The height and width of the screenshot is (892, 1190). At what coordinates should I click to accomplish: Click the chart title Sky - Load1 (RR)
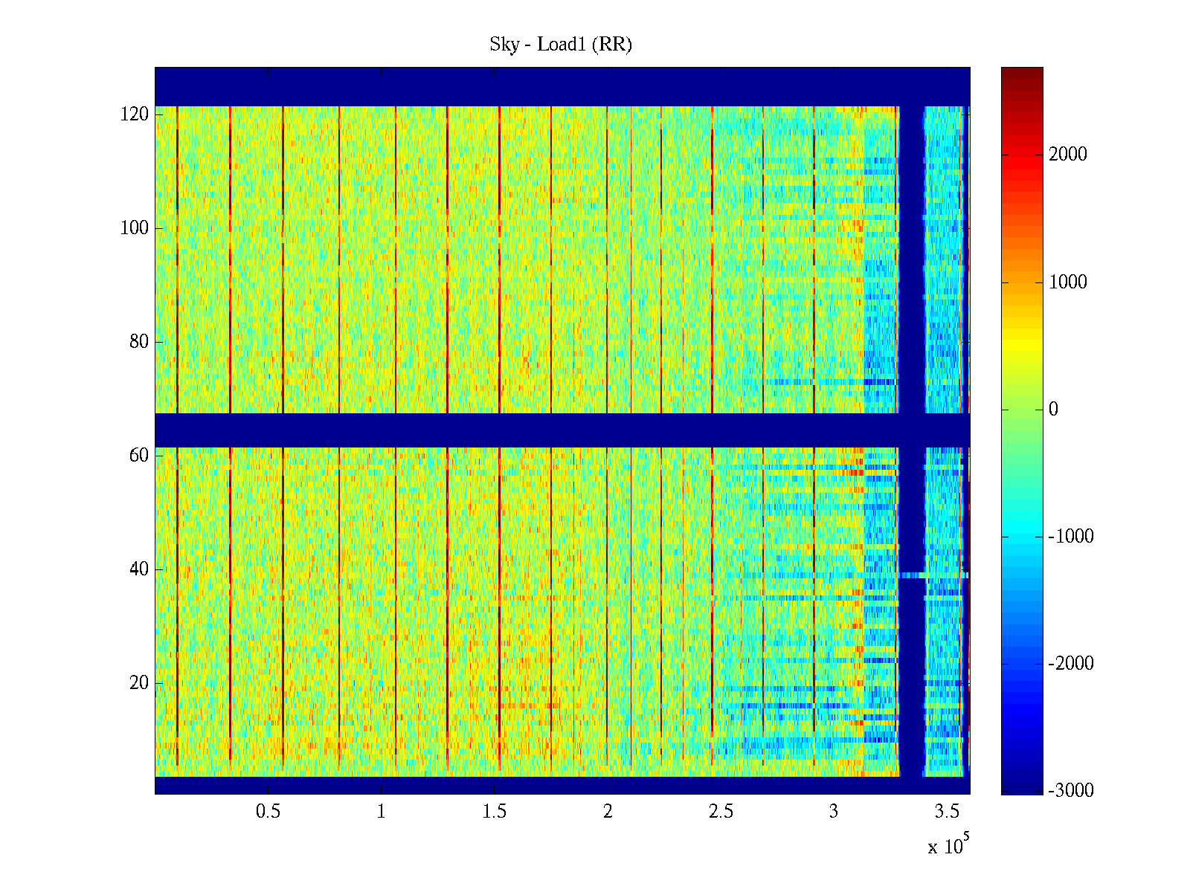[x=561, y=45]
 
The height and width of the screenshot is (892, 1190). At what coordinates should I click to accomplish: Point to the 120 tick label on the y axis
[x=135, y=114]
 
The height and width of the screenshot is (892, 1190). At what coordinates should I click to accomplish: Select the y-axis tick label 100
[x=135, y=228]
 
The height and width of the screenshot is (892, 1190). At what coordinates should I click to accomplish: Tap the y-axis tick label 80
[x=139, y=342]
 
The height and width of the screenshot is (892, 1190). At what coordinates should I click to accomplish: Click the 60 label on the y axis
[x=139, y=456]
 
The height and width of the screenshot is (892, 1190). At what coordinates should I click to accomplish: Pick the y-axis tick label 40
[x=139, y=569]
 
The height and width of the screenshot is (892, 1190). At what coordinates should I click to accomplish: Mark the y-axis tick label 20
[x=139, y=683]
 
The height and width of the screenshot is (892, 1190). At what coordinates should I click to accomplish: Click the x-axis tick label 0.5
[x=268, y=812]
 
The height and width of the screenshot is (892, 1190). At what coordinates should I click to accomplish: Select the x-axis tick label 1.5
[x=495, y=812]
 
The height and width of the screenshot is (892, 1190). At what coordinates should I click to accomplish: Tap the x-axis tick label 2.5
[x=721, y=812]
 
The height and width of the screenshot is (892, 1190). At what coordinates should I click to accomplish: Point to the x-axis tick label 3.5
[x=947, y=812]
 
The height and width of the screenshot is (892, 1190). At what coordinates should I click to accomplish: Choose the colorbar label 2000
[x=1068, y=155]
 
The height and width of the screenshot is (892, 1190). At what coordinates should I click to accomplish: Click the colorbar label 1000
[x=1068, y=282]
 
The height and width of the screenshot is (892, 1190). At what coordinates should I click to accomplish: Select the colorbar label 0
[x=1053, y=410]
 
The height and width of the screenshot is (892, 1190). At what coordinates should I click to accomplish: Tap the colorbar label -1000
[x=1071, y=537]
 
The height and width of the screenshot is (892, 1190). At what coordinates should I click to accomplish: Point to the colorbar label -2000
[x=1071, y=664]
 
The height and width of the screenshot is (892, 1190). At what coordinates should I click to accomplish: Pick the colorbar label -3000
[x=1071, y=791]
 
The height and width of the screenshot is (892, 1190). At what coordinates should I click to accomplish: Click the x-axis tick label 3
[x=834, y=812]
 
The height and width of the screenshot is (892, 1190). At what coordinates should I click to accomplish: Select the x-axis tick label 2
[x=608, y=812]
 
